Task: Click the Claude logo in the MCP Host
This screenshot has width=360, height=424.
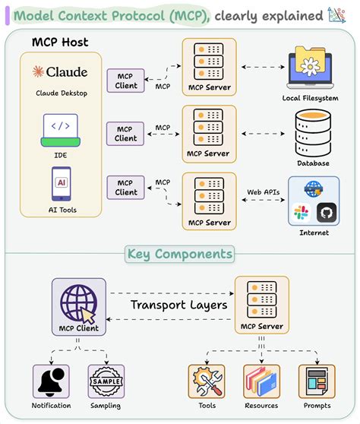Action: (60, 72)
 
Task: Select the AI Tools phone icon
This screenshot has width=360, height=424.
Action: (60, 183)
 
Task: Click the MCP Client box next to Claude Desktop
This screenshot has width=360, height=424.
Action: (126, 80)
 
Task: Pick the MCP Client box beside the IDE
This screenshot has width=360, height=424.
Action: (126, 133)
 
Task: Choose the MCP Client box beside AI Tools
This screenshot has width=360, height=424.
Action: (126, 187)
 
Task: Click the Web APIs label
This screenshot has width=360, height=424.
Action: (263, 191)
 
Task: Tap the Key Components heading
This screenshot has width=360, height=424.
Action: (180, 254)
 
